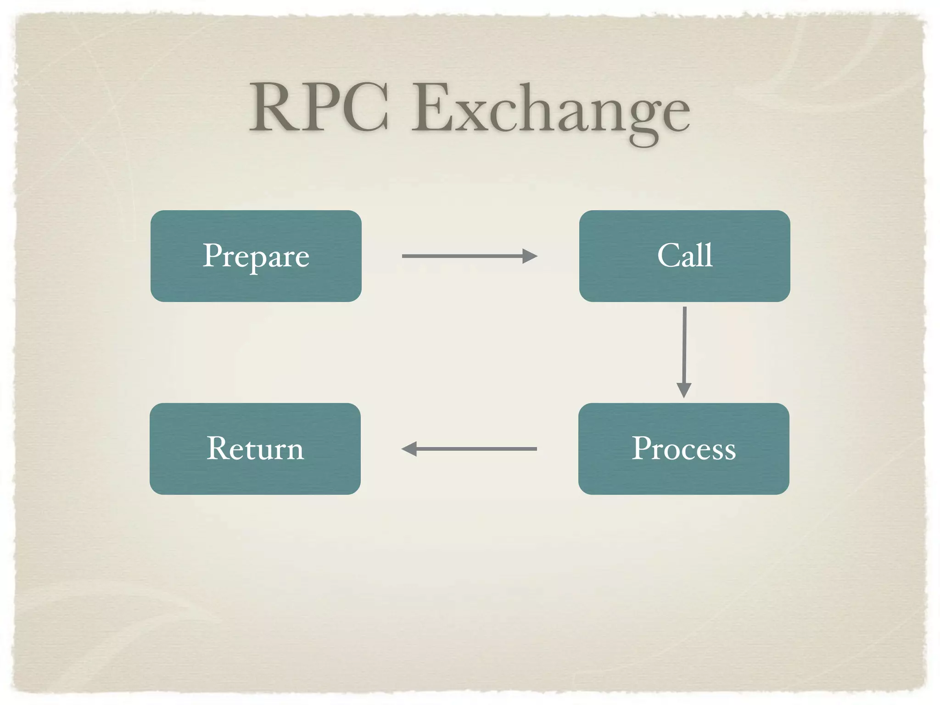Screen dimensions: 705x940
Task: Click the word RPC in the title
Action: (x=319, y=108)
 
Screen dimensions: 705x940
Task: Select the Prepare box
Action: (x=256, y=256)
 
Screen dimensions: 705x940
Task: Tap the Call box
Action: (x=684, y=256)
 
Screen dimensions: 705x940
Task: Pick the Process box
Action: (x=683, y=448)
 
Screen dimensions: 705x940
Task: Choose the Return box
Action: (x=255, y=448)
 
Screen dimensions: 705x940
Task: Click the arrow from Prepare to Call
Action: (x=464, y=256)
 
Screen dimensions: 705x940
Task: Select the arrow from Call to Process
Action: (x=684, y=344)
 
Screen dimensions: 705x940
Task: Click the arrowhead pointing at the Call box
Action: (x=530, y=256)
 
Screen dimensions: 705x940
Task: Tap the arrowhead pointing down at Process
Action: (x=684, y=390)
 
